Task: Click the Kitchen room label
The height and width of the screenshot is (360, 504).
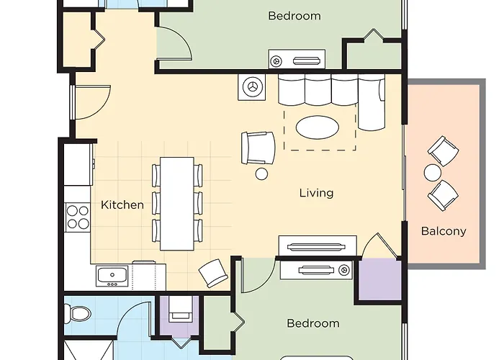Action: [x=122, y=204]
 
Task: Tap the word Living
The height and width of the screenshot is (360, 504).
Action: [x=317, y=193]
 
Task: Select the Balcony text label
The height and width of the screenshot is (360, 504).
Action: [x=444, y=231]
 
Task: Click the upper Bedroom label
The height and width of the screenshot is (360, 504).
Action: [x=294, y=16]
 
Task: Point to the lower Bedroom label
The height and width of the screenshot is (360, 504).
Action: [x=313, y=323]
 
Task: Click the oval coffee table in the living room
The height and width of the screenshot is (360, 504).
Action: [x=318, y=127]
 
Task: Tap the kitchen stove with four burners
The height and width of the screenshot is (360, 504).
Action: [x=78, y=217]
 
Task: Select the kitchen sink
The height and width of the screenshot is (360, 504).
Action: [x=112, y=276]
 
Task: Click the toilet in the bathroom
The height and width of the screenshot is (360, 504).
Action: [x=78, y=313]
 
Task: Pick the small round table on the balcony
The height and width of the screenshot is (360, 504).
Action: [x=433, y=173]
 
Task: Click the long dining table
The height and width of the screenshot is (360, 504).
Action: [x=177, y=204]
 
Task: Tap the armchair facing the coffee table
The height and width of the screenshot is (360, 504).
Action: [x=258, y=148]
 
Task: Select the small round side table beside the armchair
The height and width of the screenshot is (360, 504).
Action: [x=261, y=174]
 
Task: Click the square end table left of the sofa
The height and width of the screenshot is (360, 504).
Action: [x=252, y=87]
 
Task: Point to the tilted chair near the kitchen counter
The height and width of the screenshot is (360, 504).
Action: [x=213, y=273]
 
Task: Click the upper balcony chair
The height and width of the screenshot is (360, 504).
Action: [x=444, y=151]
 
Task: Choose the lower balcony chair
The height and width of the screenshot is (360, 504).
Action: [x=443, y=195]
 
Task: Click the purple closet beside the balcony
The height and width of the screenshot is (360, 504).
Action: [x=380, y=279]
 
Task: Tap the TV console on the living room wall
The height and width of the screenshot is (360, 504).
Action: [x=318, y=246]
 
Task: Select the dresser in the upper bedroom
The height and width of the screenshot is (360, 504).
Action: [x=297, y=59]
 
